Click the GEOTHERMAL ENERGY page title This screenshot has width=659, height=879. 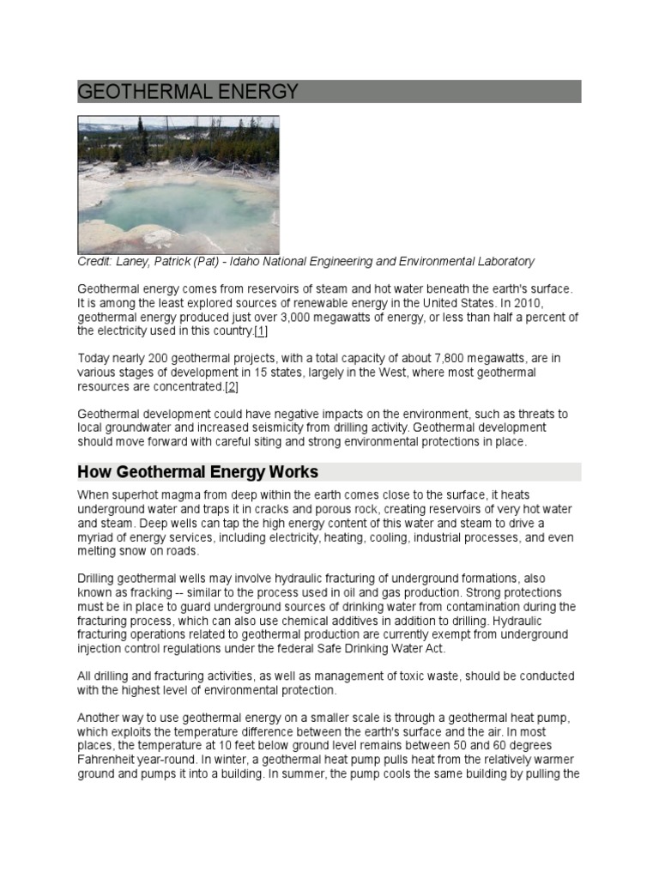[x=188, y=92]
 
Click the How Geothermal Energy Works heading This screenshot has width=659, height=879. [x=197, y=472]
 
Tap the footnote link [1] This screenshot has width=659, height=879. [x=261, y=331]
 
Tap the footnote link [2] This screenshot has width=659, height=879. [x=231, y=387]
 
